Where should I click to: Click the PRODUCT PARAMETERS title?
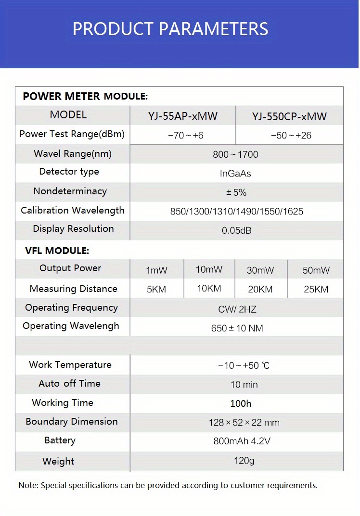click(x=170, y=29)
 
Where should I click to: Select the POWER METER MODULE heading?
click(x=85, y=96)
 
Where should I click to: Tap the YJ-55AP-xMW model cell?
click(x=183, y=116)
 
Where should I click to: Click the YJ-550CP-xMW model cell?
click(x=289, y=116)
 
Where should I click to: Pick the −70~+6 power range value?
click(x=185, y=136)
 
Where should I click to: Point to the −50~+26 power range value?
click(x=291, y=136)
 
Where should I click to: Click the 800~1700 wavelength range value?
click(x=235, y=154)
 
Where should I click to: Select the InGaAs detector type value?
click(x=235, y=173)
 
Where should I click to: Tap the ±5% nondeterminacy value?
click(x=236, y=192)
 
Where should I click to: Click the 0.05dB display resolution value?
click(x=236, y=230)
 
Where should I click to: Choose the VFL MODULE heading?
click(x=57, y=251)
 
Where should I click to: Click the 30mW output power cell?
click(x=260, y=270)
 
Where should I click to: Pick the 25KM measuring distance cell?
click(x=316, y=289)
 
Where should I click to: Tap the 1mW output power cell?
click(x=156, y=270)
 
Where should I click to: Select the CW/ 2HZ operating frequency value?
click(x=237, y=309)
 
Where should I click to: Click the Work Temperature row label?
click(x=70, y=365)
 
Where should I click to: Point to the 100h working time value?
click(x=241, y=403)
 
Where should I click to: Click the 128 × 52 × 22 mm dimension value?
click(x=244, y=423)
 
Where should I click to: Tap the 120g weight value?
click(x=244, y=461)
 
